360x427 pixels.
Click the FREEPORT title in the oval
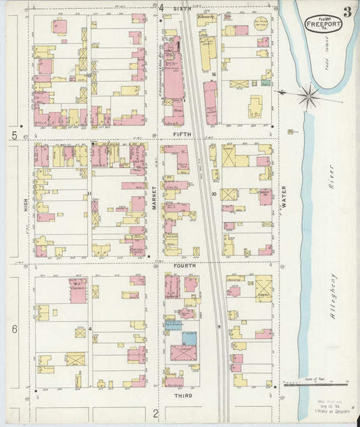tap(324, 24)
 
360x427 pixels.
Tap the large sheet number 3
tap(346, 11)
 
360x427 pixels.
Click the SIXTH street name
tap(182, 8)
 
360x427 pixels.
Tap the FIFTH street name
tap(182, 134)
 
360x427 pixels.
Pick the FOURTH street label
tap(184, 266)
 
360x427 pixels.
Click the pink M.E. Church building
tap(78, 289)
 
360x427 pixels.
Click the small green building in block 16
tap(265, 83)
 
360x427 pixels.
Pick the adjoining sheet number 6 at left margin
tap(14, 329)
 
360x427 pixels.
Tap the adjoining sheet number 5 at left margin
tap(14, 136)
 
